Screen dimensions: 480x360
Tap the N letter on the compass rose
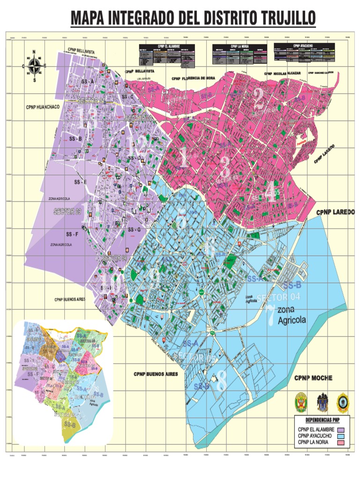coord(34,52)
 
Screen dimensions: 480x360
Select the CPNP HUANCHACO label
coord(43,107)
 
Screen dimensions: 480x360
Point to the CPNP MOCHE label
coord(313,378)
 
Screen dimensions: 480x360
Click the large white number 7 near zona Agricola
coord(270,315)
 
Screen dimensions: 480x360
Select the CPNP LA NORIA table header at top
coord(240,46)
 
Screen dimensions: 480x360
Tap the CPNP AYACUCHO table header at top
coord(303,45)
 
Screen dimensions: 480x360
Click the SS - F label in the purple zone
coord(72,233)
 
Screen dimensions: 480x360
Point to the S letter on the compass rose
coord(34,80)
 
